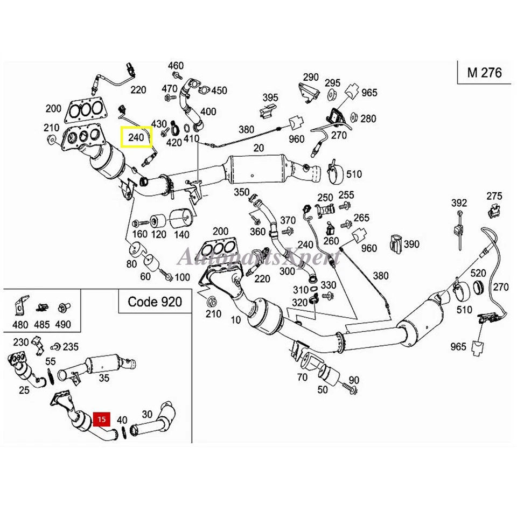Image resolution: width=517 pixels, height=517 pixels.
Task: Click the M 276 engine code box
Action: pyautogui.click(x=484, y=72)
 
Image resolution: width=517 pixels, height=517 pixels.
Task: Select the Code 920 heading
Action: pyautogui.click(x=155, y=301)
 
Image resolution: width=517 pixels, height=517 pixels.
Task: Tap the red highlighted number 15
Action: pyautogui.click(x=102, y=418)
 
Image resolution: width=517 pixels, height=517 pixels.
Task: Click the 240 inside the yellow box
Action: pyautogui.click(x=136, y=138)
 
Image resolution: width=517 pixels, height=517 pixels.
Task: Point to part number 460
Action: pyautogui.click(x=176, y=66)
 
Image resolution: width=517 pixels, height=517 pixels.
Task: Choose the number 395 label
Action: pyautogui.click(x=270, y=97)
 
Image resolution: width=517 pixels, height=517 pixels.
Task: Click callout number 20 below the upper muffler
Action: pyautogui.click(x=258, y=149)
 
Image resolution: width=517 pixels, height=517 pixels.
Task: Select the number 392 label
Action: pyautogui.click(x=459, y=203)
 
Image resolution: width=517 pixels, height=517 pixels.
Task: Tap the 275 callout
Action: pyautogui.click(x=494, y=195)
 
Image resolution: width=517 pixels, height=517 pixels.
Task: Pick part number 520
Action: pyautogui.click(x=478, y=273)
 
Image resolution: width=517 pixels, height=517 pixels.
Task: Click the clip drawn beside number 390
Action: pyautogui.click(x=396, y=243)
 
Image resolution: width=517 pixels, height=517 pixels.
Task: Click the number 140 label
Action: pyautogui.click(x=182, y=235)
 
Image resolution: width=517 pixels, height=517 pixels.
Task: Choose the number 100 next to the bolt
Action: pyautogui.click(x=183, y=277)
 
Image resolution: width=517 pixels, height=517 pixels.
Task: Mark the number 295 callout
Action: pyautogui.click(x=333, y=83)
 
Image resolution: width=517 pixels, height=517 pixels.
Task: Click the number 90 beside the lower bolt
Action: pyautogui.click(x=353, y=380)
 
